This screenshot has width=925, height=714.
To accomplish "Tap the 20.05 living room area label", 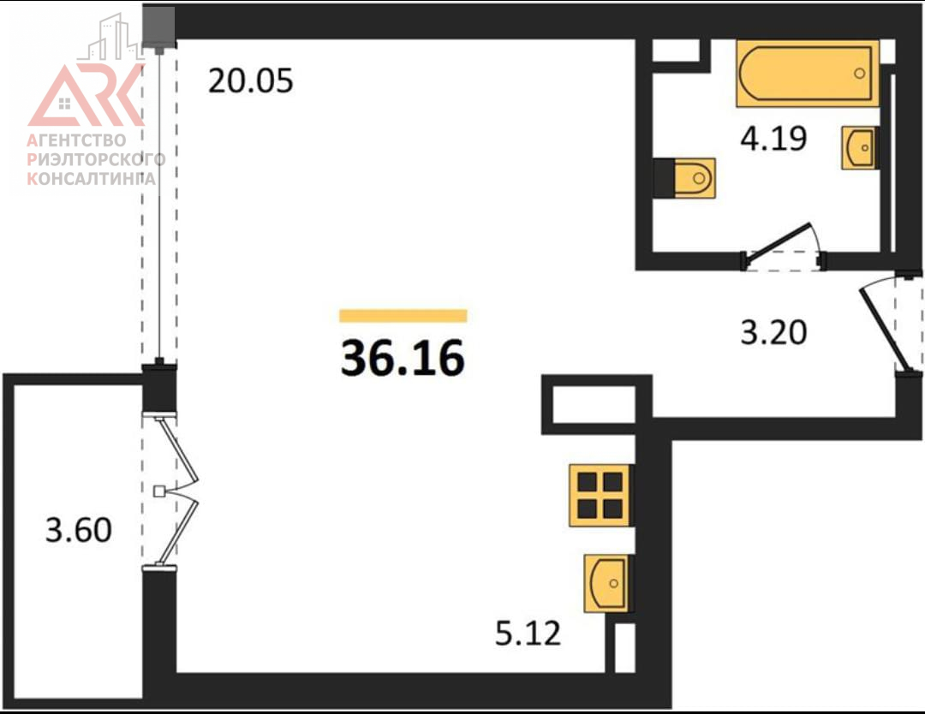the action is (250, 80).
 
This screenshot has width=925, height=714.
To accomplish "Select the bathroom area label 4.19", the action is (773, 139).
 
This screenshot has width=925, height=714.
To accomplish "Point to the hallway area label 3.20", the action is (773, 332).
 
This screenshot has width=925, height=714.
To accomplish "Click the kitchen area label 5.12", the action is (528, 634).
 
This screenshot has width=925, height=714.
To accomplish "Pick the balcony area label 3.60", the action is (79, 529).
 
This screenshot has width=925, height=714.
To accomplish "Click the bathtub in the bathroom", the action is (807, 74).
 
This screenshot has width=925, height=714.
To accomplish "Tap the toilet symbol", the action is (685, 177).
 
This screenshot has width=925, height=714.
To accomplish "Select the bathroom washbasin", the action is (858, 147).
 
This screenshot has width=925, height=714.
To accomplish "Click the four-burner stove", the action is (600, 495).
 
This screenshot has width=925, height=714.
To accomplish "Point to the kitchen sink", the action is (606, 583).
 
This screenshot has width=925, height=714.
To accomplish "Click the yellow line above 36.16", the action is (403, 316).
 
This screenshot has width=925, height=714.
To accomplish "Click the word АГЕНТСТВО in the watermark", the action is (77, 140).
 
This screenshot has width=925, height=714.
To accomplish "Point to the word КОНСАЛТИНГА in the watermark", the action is (92, 178).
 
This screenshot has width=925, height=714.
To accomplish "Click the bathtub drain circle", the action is (860, 74).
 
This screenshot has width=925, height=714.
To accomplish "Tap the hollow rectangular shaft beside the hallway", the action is (594, 404).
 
